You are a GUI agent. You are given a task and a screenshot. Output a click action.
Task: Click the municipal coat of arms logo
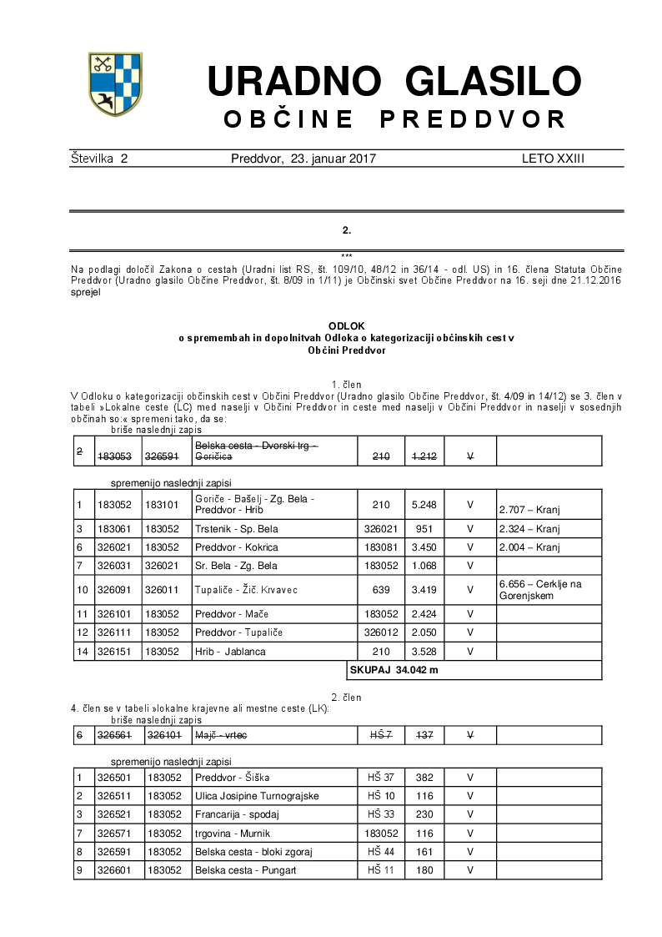point(115,84)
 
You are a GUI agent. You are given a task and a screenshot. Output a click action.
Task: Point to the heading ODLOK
point(346,325)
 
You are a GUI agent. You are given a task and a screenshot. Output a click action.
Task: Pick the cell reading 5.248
point(424,504)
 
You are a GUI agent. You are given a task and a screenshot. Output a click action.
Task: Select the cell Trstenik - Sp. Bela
point(236,529)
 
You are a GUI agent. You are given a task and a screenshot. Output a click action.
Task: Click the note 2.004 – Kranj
point(529,547)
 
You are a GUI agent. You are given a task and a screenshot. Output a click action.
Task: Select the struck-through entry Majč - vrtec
point(221,735)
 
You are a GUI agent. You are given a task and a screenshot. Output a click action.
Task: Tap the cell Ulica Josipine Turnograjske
point(256,796)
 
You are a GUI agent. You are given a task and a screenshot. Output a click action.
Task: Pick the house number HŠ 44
point(381,852)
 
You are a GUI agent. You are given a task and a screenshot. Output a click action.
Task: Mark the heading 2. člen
point(346,697)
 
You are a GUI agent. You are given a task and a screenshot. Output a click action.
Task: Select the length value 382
point(424,778)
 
